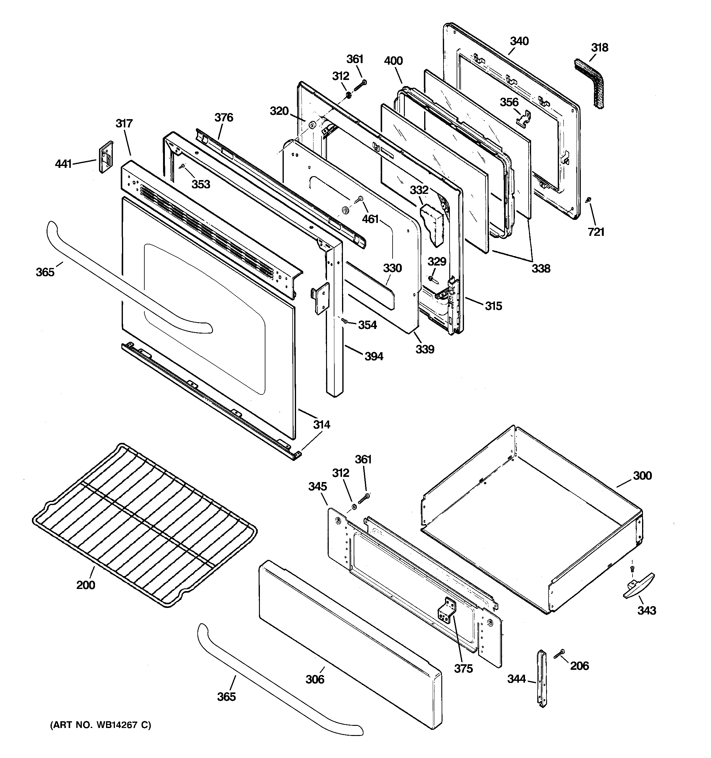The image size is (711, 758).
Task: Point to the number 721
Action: tap(596, 232)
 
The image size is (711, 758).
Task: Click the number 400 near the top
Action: tap(393, 61)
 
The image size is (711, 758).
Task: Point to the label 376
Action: tap(224, 117)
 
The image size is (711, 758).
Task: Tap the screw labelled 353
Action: tap(184, 166)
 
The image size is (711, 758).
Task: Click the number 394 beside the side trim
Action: tap(374, 356)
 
